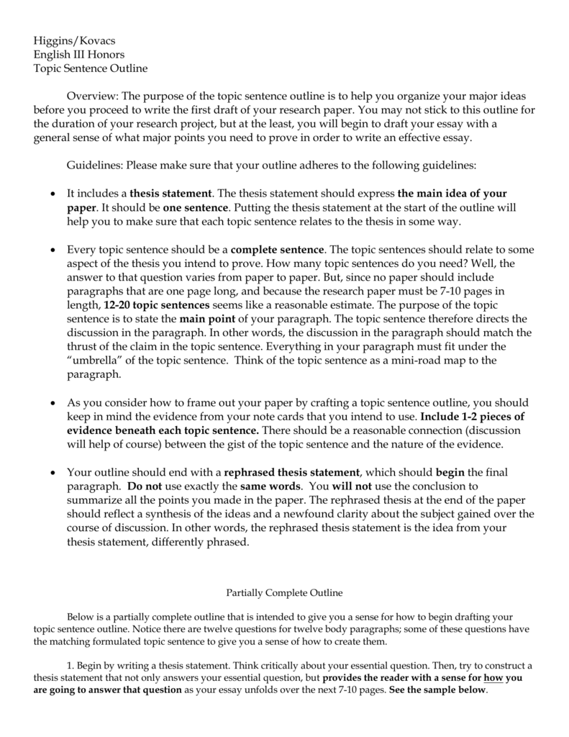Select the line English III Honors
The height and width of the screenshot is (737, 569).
click(x=79, y=54)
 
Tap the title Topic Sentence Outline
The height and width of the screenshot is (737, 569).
click(x=91, y=68)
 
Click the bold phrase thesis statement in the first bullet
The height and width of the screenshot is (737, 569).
click(x=170, y=194)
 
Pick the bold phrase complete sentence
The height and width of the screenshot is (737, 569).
click(x=278, y=250)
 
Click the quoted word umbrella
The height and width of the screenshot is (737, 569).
click(x=97, y=359)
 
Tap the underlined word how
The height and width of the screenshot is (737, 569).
click(x=493, y=677)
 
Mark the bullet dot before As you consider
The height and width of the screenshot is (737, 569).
click(x=53, y=404)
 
